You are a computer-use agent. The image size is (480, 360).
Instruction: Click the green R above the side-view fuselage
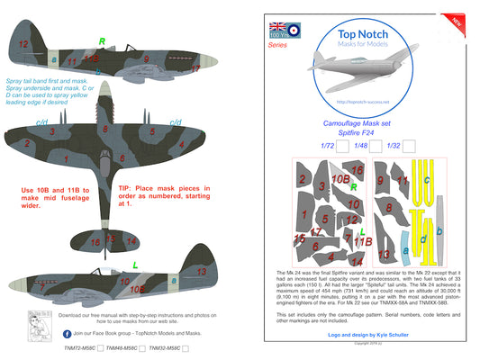(x=101, y=40)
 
